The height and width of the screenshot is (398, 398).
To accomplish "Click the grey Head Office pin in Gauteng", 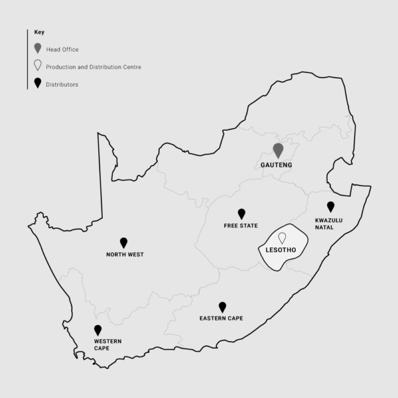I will click(278, 150).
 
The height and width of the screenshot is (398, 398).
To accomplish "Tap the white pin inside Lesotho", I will click(282, 237).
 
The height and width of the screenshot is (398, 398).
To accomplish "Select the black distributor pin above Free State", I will click(241, 213).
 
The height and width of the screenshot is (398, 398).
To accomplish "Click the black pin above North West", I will click(123, 242).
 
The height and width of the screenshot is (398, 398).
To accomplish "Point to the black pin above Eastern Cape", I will click(222, 306).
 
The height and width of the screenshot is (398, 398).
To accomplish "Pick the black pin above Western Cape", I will click(98, 329).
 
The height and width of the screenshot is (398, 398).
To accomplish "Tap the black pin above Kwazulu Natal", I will click(330, 206).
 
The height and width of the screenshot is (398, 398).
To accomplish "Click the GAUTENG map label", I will click(277, 165).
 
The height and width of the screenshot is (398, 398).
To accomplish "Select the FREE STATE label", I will click(241, 226).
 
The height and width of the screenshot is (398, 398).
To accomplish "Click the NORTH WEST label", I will click(125, 255).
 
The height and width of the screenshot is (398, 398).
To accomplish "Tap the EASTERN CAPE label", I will click(221, 318).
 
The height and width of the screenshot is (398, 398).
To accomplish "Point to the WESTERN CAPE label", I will click(107, 345).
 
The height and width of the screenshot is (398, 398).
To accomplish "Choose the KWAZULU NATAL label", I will click(329, 224).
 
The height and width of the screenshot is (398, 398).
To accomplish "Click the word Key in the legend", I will click(39, 32).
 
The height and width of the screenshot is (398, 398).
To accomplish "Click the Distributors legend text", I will click(63, 84).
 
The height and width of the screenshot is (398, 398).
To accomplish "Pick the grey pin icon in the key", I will click(38, 48).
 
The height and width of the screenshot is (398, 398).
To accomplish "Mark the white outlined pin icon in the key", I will click(38, 66).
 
